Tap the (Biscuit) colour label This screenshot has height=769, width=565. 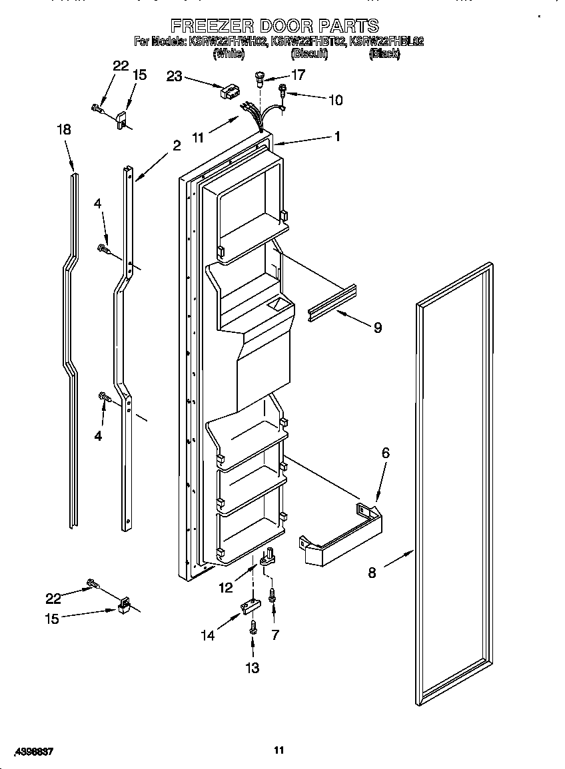(309, 55)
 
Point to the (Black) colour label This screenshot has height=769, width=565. (384, 55)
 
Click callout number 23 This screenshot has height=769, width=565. (174, 77)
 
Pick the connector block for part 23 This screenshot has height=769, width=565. (230, 92)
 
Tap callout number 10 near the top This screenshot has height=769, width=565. (335, 100)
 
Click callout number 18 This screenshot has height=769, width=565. (63, 130)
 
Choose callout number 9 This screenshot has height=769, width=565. (377, 327)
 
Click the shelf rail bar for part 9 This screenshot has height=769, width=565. (331, 302)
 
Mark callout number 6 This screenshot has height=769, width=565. (385, 453)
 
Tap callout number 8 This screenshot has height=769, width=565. (372, 572)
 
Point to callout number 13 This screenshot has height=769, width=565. (253, 668)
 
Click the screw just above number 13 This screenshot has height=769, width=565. (253, 627)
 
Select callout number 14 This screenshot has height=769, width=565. (209, 636)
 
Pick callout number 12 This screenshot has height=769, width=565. (226, 587)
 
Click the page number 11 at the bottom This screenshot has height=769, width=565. (279, 750)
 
